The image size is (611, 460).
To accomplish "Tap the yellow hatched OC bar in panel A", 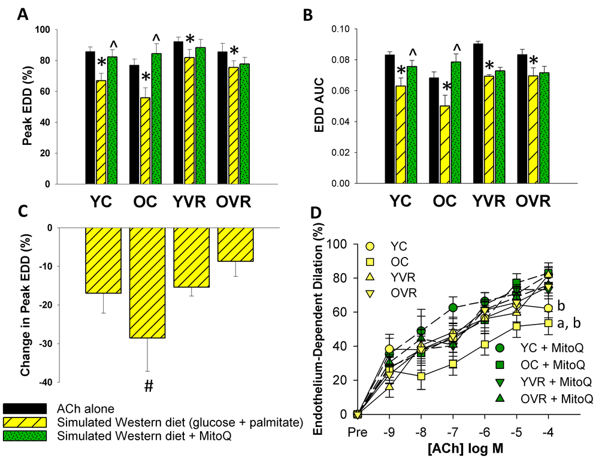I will [x=146, y=140].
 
